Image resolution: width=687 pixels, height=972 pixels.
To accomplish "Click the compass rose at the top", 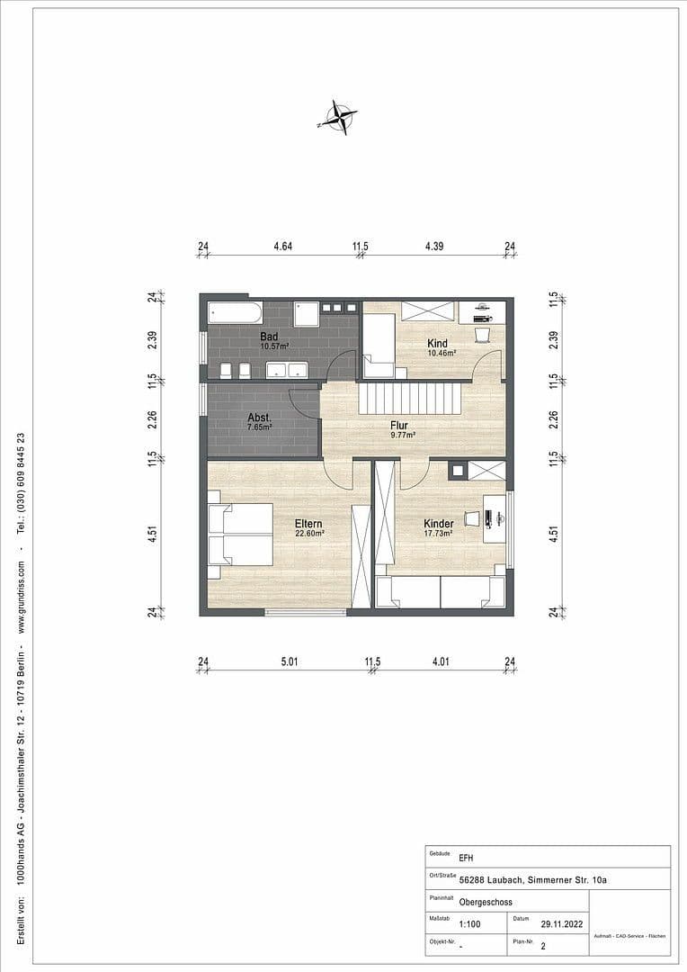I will (x=338, y=116).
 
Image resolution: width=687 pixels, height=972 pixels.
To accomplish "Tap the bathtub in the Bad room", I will (x=235, y=312).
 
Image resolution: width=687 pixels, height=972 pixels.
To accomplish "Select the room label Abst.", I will (x=259, y=418).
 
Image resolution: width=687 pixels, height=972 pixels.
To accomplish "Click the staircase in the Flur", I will (x=409, y=397).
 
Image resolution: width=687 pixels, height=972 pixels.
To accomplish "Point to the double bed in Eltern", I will (x=240, y=534).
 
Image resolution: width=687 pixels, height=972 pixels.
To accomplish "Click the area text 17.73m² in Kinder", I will (x=438, y=533).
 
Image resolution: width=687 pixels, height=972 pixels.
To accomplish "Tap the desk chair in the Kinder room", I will (x=471, y=517).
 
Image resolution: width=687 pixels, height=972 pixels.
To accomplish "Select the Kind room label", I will (x=438, y=343).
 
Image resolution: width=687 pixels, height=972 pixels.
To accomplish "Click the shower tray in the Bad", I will (x=307, y=313).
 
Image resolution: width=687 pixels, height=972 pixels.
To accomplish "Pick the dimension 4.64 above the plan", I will (x=282, y=246).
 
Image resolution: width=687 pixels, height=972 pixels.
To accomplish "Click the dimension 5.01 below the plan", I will (x=288, y=662).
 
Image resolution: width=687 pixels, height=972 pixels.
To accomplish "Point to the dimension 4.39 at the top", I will (x=434, y=246).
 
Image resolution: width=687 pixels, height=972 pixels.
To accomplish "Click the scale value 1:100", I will (x=468, y=923).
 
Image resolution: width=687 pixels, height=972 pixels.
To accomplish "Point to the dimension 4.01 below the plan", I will (x=440, y=662).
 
